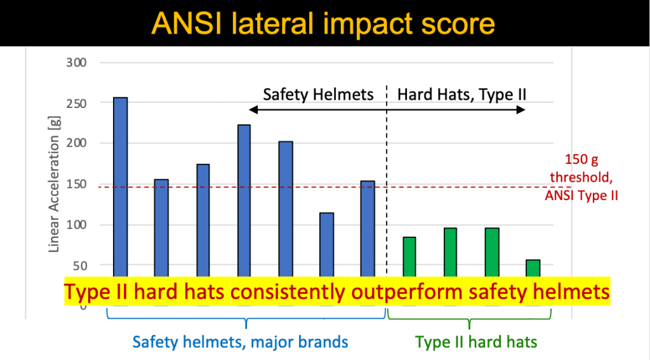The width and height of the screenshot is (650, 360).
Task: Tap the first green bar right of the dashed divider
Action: point(409,257)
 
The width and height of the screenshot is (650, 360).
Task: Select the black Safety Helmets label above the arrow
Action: point(318,95)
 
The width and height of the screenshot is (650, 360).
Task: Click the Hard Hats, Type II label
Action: point(461,95)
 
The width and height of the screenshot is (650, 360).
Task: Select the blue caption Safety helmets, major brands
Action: point(240,342)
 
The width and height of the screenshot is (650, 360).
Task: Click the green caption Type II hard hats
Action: point(476,342)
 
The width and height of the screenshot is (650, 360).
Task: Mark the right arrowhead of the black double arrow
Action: point(522,110)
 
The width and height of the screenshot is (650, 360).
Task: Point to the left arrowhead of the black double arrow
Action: point(252,110)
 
